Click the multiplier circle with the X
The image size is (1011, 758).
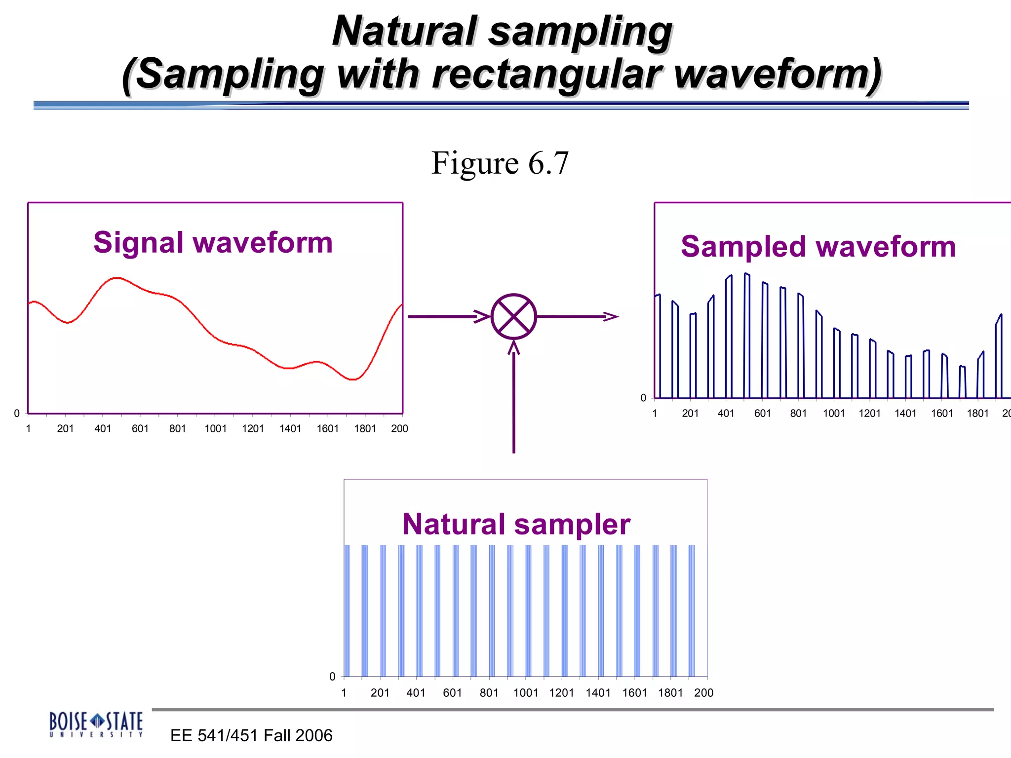[x=513, y=316]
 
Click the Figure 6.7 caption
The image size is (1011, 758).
[x=500, y=163]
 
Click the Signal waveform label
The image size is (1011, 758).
[x=213, y=242]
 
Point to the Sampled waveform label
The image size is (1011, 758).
[x=818, y=246]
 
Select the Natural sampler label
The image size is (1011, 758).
[x=516, y=524]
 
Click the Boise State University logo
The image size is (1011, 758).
[x=96, y=724]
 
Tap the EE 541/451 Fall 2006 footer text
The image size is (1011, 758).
[x=251, y=735]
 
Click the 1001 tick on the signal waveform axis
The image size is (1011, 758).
[x=215, y=428]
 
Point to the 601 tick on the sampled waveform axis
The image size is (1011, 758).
[x=762, y=413]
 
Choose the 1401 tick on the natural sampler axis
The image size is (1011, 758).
[x=598, y=692]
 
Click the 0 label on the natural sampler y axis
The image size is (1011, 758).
[x=332, y=677]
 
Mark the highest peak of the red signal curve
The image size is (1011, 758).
[x=117, y=278]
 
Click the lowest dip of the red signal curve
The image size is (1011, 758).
[x=352, y=379]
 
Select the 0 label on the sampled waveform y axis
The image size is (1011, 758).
[x=643, y=398]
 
